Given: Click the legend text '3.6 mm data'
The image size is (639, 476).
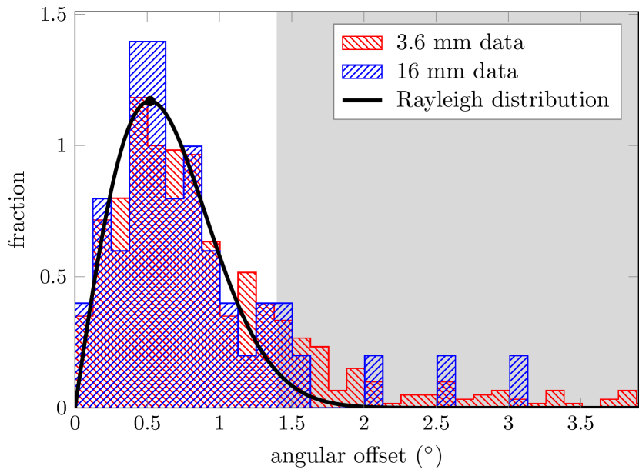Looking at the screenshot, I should [x=460, y=43].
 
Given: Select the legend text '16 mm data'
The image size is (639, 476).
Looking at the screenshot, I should [x=457, y=72].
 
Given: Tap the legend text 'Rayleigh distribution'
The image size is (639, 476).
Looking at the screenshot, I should [x=502, y=100].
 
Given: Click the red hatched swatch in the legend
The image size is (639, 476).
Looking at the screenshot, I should [x=362, y=43].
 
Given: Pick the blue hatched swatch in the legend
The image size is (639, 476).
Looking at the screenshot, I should [x=362, y=72].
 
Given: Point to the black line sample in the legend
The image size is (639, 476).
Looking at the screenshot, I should [x=362, y=100].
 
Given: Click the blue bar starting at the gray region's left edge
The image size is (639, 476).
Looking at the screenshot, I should [x=284, y=312].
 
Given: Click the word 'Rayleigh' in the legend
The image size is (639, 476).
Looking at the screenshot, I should [x=431, y=100].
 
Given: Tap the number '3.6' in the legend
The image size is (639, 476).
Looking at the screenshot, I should [x=410, y=43].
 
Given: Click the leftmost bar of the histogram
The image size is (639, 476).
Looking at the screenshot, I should [x=84, y=354].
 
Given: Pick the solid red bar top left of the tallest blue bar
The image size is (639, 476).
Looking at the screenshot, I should [x=120, y=223].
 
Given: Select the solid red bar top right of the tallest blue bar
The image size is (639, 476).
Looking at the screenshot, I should [x=175, y=173].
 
